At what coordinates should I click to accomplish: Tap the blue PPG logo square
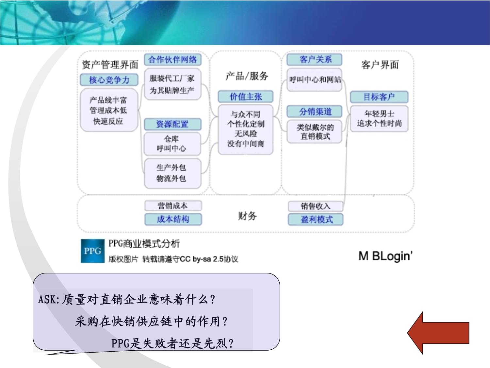coord(92,251)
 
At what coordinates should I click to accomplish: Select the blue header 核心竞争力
coord(109,80)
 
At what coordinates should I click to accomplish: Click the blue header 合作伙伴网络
coord(172,60)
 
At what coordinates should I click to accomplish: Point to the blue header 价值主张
coord(246,96)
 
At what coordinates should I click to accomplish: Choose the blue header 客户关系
coord(315,60)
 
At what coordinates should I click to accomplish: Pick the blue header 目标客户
coord(379,97)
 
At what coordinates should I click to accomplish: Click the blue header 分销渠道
coord(315,112)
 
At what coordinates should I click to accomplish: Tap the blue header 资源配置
coord(172,124)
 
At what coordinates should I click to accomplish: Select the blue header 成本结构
coord(173,219)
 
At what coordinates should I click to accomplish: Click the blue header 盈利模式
coord(316,219)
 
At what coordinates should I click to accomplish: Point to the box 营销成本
coord(173,206)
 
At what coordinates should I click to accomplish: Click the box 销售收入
coord(316,206)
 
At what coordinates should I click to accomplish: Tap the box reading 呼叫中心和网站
coord(315,79)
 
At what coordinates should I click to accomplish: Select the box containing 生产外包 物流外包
coord(172,173)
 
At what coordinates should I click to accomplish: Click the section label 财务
coord(247,216)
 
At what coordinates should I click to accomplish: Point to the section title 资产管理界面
coord(110,65)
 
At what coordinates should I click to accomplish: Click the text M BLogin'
coord(385,256)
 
